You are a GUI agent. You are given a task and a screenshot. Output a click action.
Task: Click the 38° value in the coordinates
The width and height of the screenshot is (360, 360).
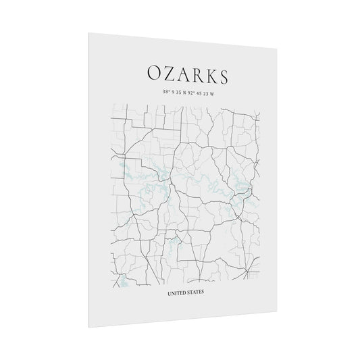(x=166, y=92)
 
